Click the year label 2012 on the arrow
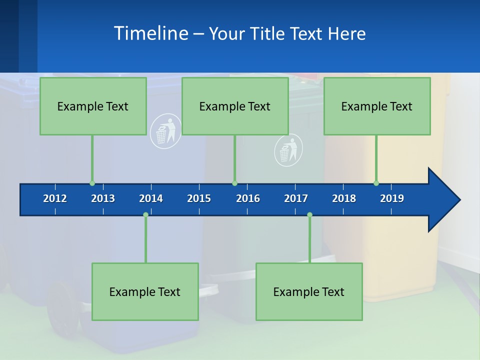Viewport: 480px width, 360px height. click(x=55, y=198)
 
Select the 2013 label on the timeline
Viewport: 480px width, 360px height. click(x=103, y=198)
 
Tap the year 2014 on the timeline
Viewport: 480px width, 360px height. click(x=151, y=198)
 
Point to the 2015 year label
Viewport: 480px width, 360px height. click(x=199, y=198)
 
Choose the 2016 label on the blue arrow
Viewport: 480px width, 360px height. click(x=248, y=198)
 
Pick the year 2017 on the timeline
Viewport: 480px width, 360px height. click(x=296, y=198)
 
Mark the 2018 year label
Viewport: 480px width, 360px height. click(x=344, y=198)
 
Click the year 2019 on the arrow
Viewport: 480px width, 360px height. click(x=392, y=198)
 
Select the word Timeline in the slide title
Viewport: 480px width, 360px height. click(x=150, y=33)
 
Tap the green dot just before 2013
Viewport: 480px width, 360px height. click(x=92, y=183)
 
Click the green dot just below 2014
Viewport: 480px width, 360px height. click(x=145, y=214)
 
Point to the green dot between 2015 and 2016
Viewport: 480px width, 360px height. click(x=234, y=183)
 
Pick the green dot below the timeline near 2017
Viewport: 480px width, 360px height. click(x=309, y=214)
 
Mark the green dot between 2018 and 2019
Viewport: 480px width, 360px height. click(x=376, y=183)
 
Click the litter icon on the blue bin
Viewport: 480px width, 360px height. click(x=165, y=131)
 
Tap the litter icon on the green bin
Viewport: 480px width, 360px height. click(x=288, y=150)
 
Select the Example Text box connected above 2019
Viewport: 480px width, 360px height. click(x=377, y=106)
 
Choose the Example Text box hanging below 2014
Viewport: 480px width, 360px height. click(x=145, y=291)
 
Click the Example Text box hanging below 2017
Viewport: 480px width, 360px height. click(x=309, y=291)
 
